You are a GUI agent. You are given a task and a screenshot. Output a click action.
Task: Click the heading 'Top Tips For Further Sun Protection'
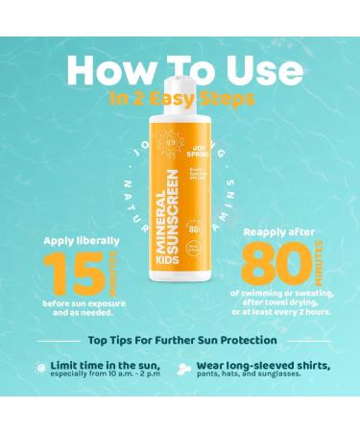tap(180, 339)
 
